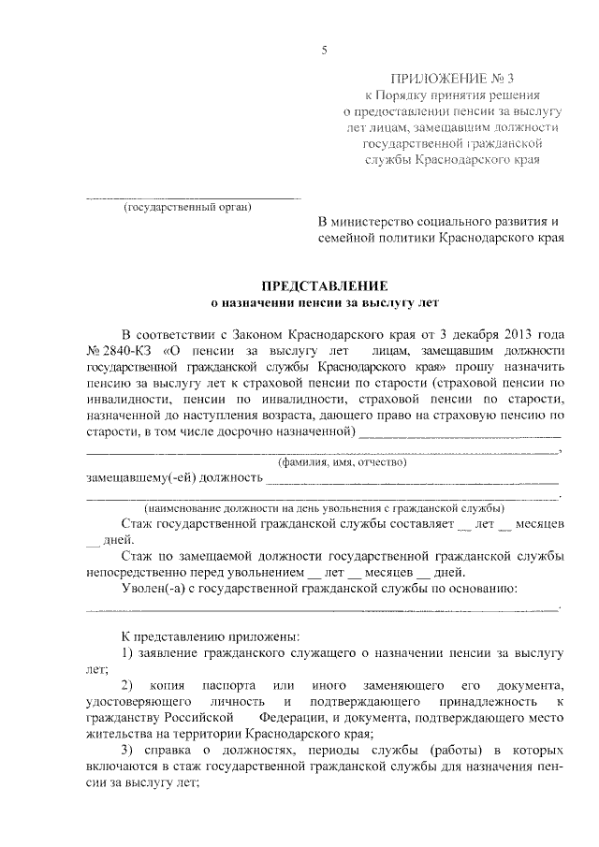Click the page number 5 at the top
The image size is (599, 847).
pyautogui.click(x=323, y=51)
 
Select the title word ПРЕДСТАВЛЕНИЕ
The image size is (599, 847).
pyautogui.click(x=323, y=285)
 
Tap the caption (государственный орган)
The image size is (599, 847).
pyautogui.click(x=188, y=207)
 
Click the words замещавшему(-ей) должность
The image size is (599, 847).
pyautogui.click(x=173, y=478)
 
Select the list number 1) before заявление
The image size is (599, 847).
pyautogui.click(x=130, y=651)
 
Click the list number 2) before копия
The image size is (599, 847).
pyautogui.click(x=130, y=686)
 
